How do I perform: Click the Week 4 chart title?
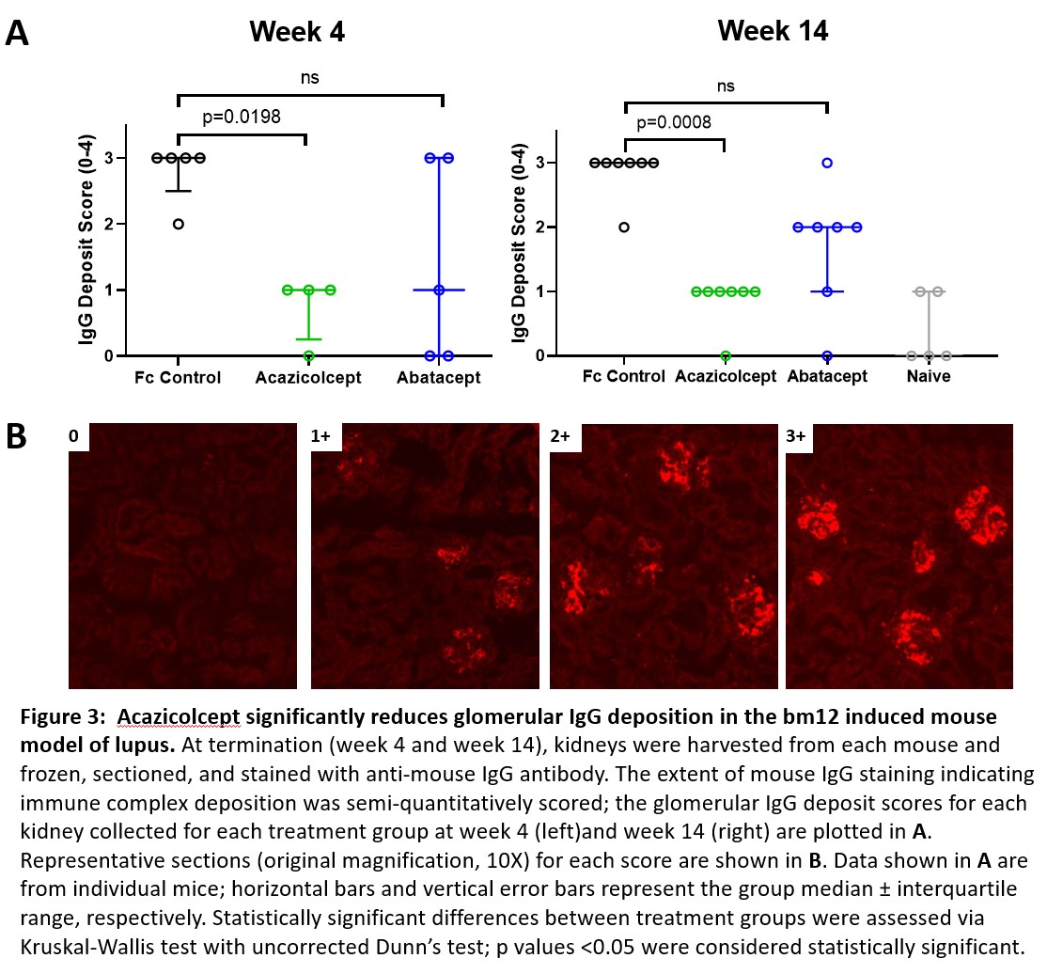pos(296,32)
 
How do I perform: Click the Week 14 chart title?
pos(773,30)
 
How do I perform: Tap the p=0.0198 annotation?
pos(242,118)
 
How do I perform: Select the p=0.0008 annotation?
pos(673,122)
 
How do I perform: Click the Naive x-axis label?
pos(929,377)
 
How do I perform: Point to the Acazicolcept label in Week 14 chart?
pos(726,377)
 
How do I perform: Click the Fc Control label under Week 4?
pos(178,378)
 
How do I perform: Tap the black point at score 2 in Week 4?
pos(178,224)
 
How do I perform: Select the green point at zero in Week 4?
pos(308,355)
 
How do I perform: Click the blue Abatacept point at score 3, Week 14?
pos(827,163)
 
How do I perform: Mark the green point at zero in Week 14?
pos(726,355)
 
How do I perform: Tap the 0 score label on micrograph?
pos(78,436)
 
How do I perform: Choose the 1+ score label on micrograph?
pos(321,436)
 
